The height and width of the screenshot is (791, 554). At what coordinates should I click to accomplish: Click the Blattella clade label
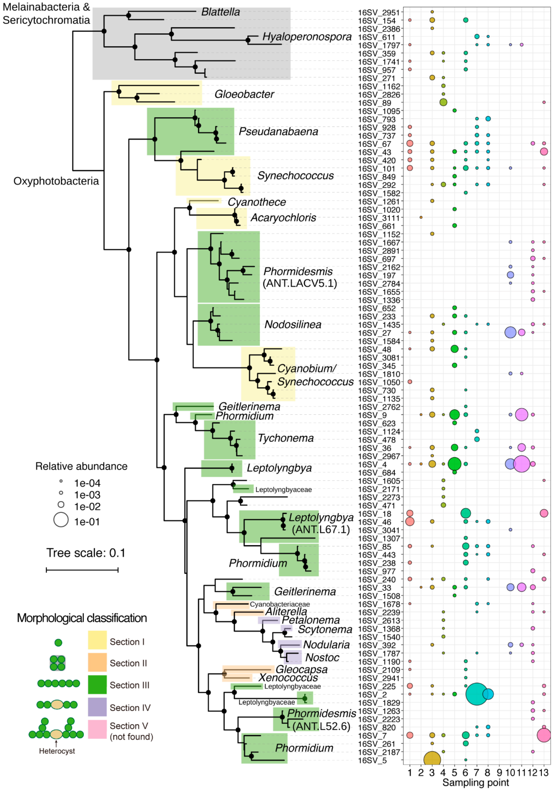220,12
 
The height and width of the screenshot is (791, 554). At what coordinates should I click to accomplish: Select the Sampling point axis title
476,783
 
